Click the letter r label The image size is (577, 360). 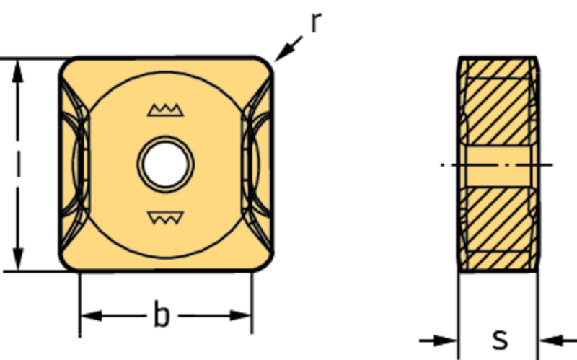(316, 22)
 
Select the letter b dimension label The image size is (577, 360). (162, 314)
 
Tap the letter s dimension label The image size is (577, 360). (500, 339)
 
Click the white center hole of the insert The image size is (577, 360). (166, 164)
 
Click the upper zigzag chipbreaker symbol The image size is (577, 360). (166, 110)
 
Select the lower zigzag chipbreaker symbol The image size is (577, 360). (166, 218)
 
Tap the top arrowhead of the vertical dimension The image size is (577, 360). (17, 71)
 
